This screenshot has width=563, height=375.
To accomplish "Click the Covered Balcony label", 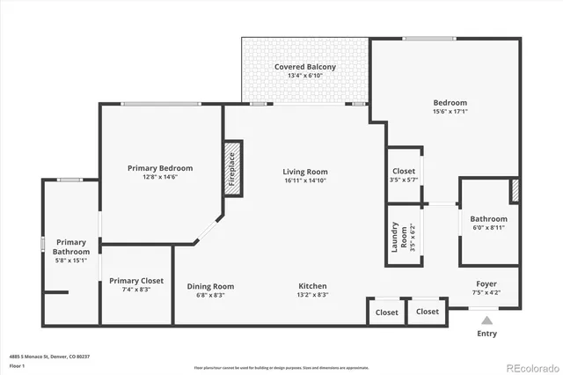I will tap(304, 67).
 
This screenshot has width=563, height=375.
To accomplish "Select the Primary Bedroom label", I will tap(159, 168).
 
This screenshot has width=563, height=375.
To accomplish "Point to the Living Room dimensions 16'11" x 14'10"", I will tap(304, 180).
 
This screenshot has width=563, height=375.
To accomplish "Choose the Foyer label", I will tap(486, 283).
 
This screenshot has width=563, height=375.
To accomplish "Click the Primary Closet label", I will tap(136, 281).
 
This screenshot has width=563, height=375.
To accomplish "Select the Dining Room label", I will tap(210, 286).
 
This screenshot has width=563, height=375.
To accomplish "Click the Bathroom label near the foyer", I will tap(488, 219).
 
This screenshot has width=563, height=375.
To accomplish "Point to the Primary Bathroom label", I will tap(71, 246).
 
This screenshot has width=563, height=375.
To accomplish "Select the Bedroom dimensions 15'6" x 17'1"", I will tap(450, 112).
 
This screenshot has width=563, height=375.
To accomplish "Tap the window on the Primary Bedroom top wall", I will tap(159, 104).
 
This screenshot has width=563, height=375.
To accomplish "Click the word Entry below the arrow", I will tap(486, 334).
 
